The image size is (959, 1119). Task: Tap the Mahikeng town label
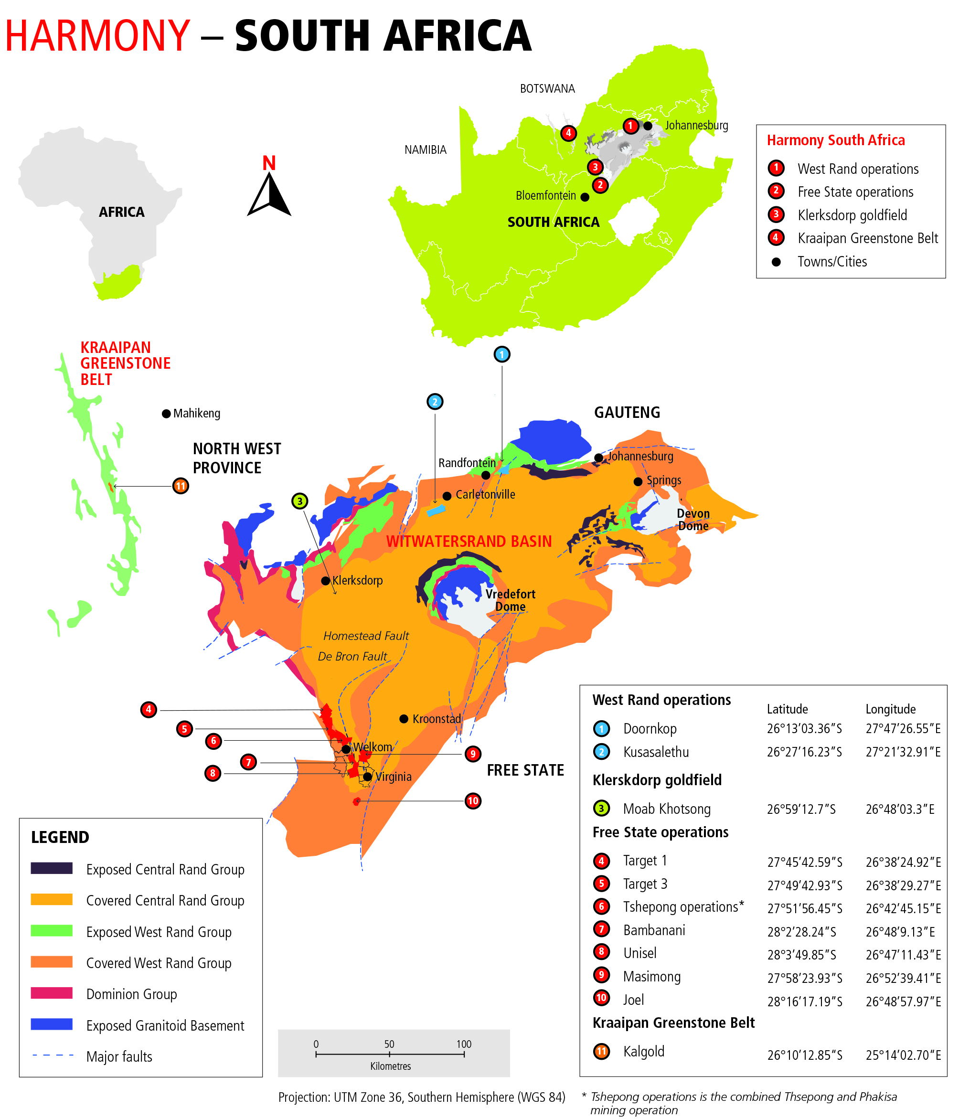coord(197,414)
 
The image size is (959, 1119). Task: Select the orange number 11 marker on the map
coord(181,486)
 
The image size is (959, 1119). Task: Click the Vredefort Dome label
coord(510,600)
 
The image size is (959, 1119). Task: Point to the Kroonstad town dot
coord(404,719)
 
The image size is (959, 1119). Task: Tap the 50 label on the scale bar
coord(389,1044)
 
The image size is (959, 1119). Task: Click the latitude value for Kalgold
coord(805,1055)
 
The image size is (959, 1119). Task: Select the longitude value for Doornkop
coord(903,728)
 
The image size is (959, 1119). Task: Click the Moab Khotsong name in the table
coord(666,809)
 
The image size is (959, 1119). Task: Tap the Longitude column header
coord(890,709)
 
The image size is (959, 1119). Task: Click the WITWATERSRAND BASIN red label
coord(469,541)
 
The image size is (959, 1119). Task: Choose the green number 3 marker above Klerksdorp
coord(300,501)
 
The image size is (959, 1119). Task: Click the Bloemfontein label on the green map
coord(545,195)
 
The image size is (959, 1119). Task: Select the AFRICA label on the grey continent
coord(121,212)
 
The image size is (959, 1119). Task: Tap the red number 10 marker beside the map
coord(472,800)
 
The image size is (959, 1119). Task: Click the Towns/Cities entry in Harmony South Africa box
coord(832,262)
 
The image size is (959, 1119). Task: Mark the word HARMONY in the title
coord(98,36)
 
